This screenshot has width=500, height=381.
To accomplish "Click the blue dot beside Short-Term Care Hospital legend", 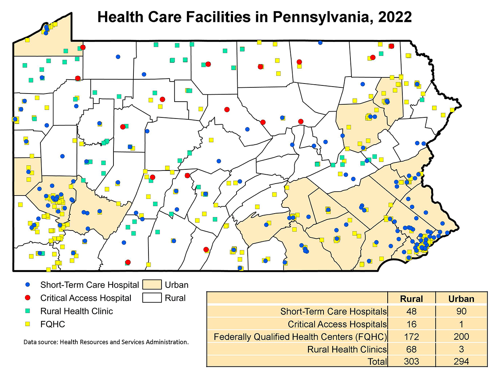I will [27, 285].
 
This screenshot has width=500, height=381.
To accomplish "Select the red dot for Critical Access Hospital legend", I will [27, 298].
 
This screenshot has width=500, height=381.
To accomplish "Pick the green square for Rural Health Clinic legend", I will [27, 311].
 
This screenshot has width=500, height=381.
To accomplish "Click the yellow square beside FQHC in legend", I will [27, 324].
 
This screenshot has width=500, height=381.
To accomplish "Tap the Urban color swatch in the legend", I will [152, 285].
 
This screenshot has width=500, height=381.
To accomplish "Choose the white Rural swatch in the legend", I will [152, 298].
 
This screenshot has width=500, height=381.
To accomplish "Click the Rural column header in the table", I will [411, 299].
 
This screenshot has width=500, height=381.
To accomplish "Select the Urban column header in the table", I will [461, 299].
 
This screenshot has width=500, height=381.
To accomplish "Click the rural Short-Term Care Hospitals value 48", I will [411, 311].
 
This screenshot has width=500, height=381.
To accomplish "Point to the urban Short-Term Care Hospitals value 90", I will [461, 311].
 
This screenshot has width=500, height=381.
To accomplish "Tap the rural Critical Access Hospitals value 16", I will [411, 324].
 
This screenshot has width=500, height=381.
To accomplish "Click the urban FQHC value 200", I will [461, 337].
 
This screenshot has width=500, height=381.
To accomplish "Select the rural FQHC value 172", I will [411, 337].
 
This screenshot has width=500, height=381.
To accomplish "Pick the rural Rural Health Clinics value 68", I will [411, 349].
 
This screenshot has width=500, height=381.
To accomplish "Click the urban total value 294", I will [461, 361].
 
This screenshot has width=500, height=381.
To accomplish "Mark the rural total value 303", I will [411, 361].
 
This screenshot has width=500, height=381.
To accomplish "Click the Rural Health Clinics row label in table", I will [347, 349].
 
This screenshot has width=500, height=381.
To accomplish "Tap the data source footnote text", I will [106, 342].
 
